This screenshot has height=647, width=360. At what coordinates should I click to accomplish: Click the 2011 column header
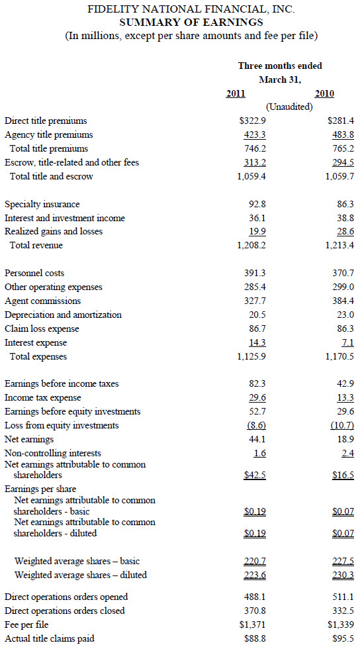tap(236, 93)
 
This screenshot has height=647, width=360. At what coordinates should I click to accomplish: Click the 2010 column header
tap(324, 93)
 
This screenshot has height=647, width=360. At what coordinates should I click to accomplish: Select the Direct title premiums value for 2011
tap(253, 121)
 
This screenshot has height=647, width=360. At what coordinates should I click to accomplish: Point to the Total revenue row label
tap(36, 246)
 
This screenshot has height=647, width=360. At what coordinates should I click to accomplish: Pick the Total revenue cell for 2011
tap(251, 246)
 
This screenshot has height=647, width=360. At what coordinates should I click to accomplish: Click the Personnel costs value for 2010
tap(343, 273)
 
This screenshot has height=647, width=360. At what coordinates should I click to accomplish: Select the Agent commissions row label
tap(42, 301)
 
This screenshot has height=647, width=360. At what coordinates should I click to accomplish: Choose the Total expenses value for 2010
tap(339, 356)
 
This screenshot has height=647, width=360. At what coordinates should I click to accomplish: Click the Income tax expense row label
tap(43, 398)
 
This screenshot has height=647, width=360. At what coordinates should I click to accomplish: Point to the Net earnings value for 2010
tap(345, 440)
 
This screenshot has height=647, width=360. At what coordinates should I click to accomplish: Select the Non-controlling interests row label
tap(53, 454)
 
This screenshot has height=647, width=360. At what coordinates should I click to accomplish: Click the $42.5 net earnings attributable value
tap(255, 475)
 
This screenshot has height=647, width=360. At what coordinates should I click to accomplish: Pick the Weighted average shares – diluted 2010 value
tap(343, 575)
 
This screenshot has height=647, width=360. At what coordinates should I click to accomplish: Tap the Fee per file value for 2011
tap(253, 624)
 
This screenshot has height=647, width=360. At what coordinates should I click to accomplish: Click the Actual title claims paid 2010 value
tap(343, 639)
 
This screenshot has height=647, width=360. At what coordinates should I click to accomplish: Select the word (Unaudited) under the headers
tap(289, 107)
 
